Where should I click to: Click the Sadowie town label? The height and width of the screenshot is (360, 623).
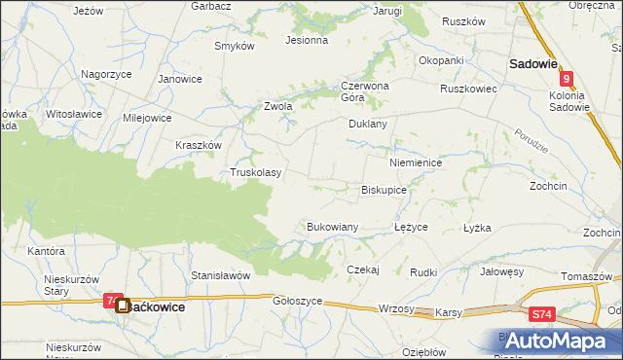click(x=532, y=63)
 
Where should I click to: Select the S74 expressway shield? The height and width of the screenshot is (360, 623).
click(x=543, y=314)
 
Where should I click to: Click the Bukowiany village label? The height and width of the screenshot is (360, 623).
click(x=333, y=227)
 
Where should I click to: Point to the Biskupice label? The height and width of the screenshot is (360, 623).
click(x=384, y=191)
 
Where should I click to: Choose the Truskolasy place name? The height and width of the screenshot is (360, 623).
click(x=255, y=173)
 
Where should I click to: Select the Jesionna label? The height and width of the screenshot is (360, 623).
click(x=306, y=41)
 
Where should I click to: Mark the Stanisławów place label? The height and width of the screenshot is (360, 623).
click(x=221, y=275)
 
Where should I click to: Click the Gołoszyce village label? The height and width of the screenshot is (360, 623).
click(x=298, y=302)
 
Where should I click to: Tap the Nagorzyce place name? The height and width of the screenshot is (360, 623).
click(x=106, y=74)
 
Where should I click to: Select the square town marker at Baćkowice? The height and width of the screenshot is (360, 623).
click(x=123, y=306)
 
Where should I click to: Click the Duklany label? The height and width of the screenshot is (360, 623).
click(x=368, y=125)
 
